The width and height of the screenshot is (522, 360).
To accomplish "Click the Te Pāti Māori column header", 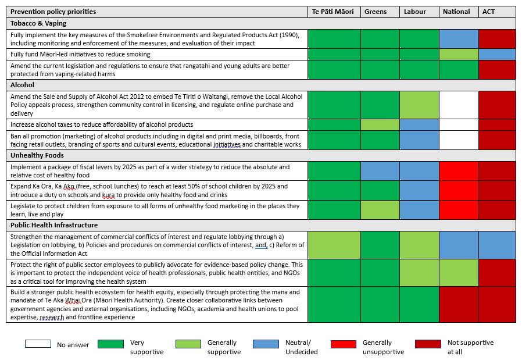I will (334, 12).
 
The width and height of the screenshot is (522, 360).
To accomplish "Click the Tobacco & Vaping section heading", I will (38, 23).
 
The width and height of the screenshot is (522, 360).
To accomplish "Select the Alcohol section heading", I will (23, 85).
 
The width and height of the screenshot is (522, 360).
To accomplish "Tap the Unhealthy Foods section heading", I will (37, 155).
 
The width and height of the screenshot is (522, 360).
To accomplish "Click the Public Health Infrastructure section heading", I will (54, 225).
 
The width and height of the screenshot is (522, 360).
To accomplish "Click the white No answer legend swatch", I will (38, 344).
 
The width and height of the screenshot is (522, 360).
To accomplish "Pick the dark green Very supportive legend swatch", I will (111, 344).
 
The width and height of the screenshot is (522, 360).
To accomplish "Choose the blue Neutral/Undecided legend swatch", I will (266, 344).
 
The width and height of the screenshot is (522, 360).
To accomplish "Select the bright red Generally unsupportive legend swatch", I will (343, 344).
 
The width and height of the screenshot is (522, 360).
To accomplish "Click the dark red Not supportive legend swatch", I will (428, 344).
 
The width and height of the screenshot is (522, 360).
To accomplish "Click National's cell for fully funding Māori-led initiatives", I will (458, 54).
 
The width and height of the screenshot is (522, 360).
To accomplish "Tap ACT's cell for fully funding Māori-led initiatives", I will (497, 54).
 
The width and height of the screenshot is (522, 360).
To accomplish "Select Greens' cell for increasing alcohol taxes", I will (380, 124).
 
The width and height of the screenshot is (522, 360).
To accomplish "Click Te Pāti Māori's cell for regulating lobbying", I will (334, 245).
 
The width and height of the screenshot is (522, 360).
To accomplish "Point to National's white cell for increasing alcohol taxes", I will (458, 124).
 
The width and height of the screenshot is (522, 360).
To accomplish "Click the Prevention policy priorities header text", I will (53, 12).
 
